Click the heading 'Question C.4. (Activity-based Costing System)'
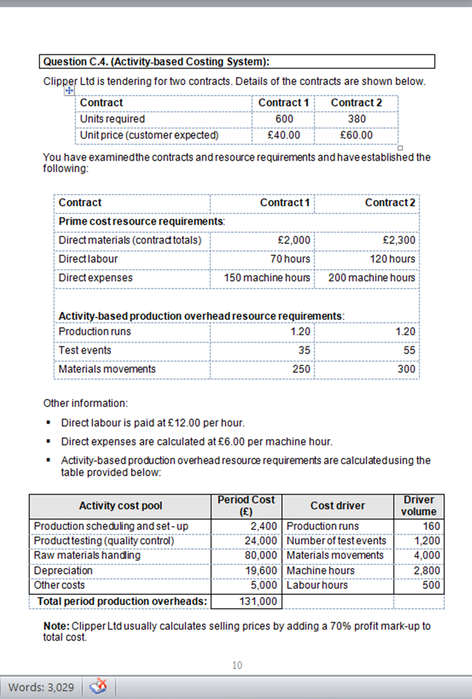pos(156,62)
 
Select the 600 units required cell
pos(284,119)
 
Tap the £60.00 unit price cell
pos(356,135)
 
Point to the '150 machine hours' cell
pos(267,278)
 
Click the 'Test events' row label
pos(85,350)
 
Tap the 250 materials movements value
pos(301,369)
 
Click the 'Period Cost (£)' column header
pos(246,505)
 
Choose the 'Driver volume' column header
pos(418,505)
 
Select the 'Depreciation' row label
pos(63,570)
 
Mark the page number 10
pos(237,665)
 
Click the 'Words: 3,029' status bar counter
pos(41,687)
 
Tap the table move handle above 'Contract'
pos(69,91)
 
